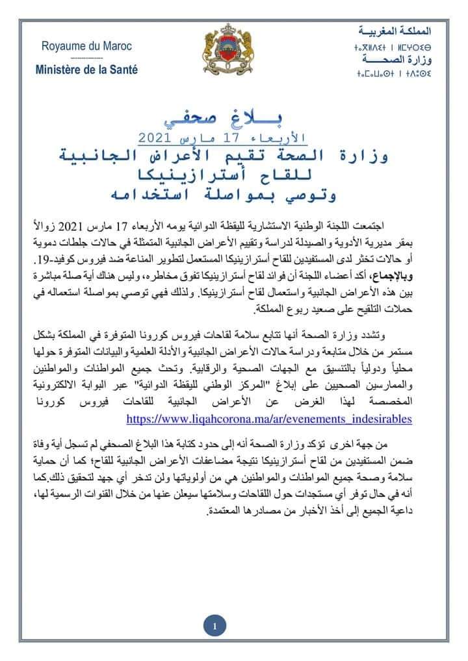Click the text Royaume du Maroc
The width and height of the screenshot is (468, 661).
pos(86,46)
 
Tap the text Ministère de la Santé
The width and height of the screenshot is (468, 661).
pos(86,69)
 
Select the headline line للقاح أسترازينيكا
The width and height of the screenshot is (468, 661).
pos(234,175)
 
